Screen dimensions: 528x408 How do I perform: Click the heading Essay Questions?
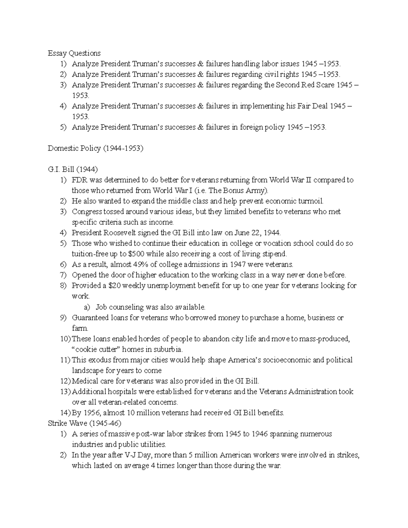click(x=74, y=53)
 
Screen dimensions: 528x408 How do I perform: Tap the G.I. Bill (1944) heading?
click(x=73, y=169)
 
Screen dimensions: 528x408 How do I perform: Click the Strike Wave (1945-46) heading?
click(x=84, y=423)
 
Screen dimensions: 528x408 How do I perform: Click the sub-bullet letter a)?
click(x=87, y=307)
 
